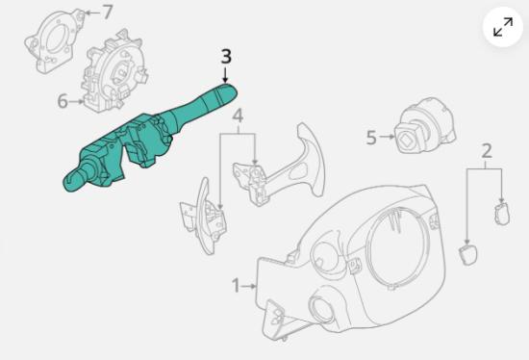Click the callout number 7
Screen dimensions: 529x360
pos(107,13)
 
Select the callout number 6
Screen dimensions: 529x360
pos(63,101)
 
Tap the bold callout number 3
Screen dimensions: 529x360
pos(226,57)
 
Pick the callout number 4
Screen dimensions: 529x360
pos(238,116)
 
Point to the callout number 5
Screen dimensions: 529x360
pos(371,138)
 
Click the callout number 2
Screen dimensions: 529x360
pos(486,151)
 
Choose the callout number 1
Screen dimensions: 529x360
pos(237,286)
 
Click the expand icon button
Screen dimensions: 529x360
pos(503,27)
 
